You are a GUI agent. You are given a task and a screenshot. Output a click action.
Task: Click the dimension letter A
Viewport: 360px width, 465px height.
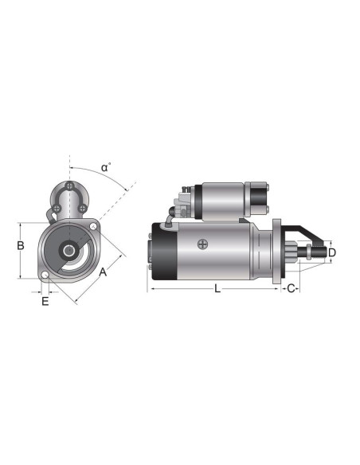103,272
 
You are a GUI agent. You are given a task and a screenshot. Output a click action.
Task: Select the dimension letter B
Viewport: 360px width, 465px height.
21,246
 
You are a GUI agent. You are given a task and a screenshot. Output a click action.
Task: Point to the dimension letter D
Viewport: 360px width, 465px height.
332,252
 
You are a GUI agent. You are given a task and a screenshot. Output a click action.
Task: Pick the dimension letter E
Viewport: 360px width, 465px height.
45,301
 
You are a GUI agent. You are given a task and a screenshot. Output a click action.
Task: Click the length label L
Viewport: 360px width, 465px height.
217,288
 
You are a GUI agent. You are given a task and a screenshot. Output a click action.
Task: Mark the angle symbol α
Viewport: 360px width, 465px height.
105,168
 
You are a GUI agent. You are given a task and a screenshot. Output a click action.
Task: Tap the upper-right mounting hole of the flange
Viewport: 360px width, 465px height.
95,228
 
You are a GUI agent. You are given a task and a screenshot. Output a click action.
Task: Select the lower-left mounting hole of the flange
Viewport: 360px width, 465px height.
46,276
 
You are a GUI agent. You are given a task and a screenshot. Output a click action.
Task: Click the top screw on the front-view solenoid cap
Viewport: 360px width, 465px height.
71,187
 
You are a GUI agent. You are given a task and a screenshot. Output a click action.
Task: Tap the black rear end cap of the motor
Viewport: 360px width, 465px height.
163,251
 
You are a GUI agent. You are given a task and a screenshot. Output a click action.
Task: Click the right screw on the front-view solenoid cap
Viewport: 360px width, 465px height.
82,209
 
